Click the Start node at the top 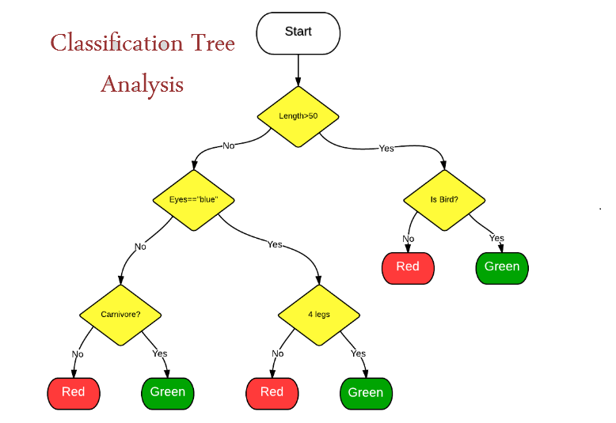click(x=298, y=33)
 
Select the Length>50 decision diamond click(x=298, y=116)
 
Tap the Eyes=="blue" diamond click(x=194, y=200)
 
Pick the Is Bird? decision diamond click(x=444, y=200)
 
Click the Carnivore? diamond click(x=120, y=315)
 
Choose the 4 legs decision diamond click(x=319, y=315)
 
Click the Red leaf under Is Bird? click(x=408, y=268)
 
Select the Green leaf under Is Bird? click(x=502, y=268)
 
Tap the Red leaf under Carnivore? click(x=74, y=394)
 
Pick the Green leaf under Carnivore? click(x=168, y=394)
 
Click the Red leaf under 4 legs click(x=272, y=394)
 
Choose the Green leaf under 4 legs click(x=366, y=394)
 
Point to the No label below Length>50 click(x=229, y=145)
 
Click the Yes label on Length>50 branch click(x=386, y=149)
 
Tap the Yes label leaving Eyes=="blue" click(x=275, y=244)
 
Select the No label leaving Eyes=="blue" click(x=141, y=247)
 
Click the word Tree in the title click(x=213, y=43)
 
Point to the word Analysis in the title click(x=143, y=85)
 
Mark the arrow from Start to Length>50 click(x=298, y=70)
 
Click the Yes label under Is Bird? click(x=497, y=238)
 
